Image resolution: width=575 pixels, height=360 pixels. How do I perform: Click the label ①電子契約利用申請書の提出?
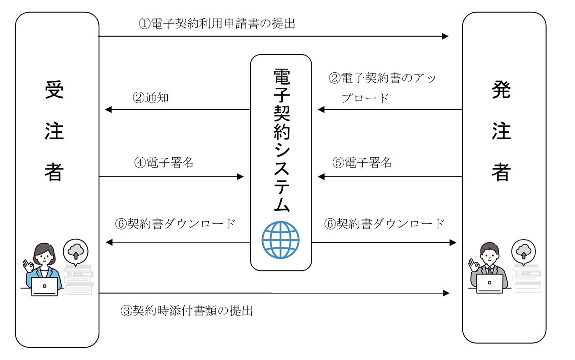217,23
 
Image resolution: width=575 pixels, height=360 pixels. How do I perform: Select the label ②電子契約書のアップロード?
382,88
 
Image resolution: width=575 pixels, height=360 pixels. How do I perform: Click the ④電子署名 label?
164,163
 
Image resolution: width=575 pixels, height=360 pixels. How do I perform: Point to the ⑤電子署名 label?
362,163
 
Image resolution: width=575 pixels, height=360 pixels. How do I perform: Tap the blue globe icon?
280,239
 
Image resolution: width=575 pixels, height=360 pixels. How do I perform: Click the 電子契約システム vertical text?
281,140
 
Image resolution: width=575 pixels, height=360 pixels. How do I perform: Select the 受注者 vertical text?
54,132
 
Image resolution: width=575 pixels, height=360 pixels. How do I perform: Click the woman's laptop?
45,286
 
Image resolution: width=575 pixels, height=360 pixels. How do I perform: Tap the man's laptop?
490,284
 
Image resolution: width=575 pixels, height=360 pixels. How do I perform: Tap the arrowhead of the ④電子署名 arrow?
240,176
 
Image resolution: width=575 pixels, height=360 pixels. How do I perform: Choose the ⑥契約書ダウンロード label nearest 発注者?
384,224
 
